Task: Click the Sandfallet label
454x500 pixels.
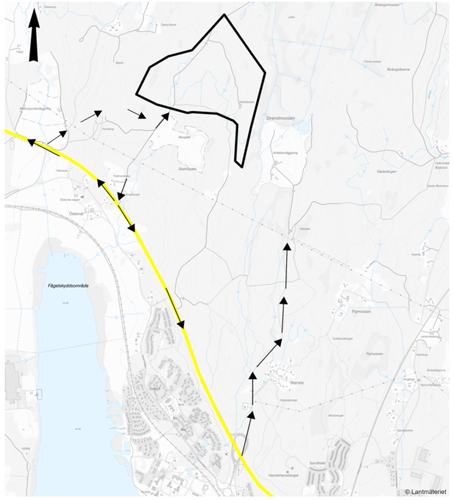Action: coord(317,463)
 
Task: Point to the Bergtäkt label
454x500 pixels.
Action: coord(185,137)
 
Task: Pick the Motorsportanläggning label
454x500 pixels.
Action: coord(36,108)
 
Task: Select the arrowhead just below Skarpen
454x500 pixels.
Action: coord(287,247)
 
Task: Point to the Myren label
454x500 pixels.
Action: coord(120,63)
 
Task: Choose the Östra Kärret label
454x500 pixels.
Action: coord(168,25)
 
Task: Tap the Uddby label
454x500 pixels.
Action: coord(25,448)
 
